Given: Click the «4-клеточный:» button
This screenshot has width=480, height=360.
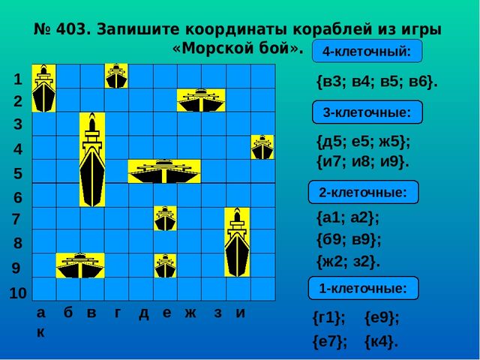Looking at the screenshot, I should point(367,51).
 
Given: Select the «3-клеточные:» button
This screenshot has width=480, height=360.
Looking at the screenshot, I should point(367,112).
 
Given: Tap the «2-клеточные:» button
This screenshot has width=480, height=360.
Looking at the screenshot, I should point(363,193).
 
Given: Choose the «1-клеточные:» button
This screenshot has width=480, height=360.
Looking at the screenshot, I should point(363,288).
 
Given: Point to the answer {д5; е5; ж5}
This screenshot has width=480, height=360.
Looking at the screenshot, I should point(364,142).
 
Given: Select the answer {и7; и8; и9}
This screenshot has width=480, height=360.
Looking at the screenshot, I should point(363,161).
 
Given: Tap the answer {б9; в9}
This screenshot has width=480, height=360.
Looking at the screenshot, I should point(349,239).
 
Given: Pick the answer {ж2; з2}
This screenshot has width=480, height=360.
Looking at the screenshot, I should point(348,262).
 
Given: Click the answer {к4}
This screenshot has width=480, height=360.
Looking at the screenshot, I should point(381,342).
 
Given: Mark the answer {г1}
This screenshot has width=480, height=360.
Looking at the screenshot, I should point(329,318).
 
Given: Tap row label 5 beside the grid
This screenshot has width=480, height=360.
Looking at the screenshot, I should point(18,173).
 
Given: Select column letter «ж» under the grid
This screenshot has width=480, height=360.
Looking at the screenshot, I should point(190,313).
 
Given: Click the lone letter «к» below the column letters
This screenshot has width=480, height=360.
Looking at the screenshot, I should point(40,331).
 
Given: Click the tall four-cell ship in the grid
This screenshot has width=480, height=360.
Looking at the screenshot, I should point(92,159).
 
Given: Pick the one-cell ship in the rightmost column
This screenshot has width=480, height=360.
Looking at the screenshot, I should point(262,147).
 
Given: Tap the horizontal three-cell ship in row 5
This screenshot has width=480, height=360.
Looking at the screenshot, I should point(164,171).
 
